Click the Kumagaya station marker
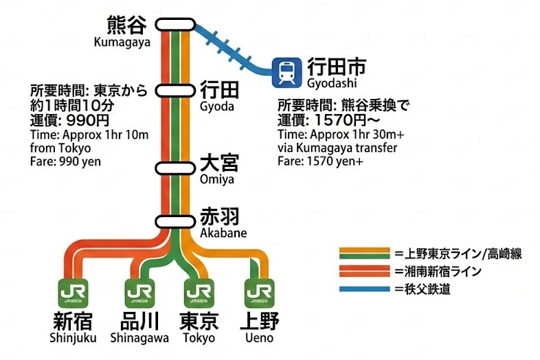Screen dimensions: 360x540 [176, 25]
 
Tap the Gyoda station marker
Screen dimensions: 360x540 [176, 91]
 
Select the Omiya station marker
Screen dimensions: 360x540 [176, 168]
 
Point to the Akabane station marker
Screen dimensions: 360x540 [176, 221]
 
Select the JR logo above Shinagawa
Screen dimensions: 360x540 [137, 294]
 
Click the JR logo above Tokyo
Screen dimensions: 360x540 [198, 294]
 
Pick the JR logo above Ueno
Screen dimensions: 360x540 [259, 294]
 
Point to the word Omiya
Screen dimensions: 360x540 [217, 179]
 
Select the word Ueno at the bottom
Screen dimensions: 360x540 [259, 338]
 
